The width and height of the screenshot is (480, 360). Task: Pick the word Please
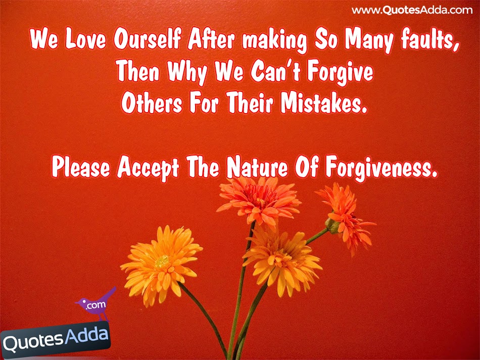[x=80, y=168]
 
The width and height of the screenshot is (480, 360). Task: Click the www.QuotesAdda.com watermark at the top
[x=412, y=10]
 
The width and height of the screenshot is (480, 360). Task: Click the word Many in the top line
[x=365, y=41]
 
